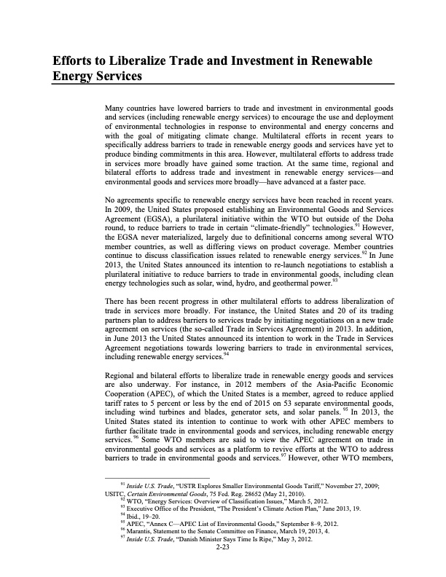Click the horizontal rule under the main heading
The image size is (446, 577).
coord(223,84)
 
